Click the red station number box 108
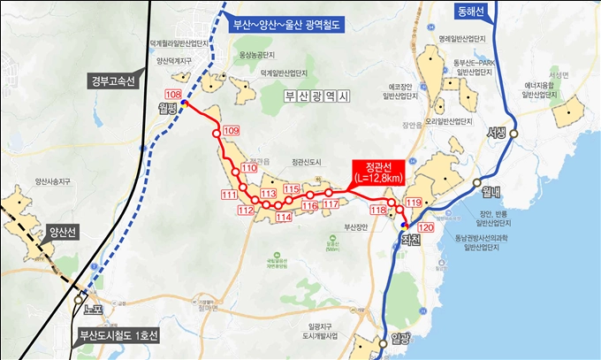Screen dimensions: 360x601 click(172, 95)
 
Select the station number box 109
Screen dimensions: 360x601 click(232, 131)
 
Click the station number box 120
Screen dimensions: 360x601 click(426, 227)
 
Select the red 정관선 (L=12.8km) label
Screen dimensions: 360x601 click(378, 172)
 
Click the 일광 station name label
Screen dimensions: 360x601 click(400, 339)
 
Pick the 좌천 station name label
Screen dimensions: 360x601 click(410, 239)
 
